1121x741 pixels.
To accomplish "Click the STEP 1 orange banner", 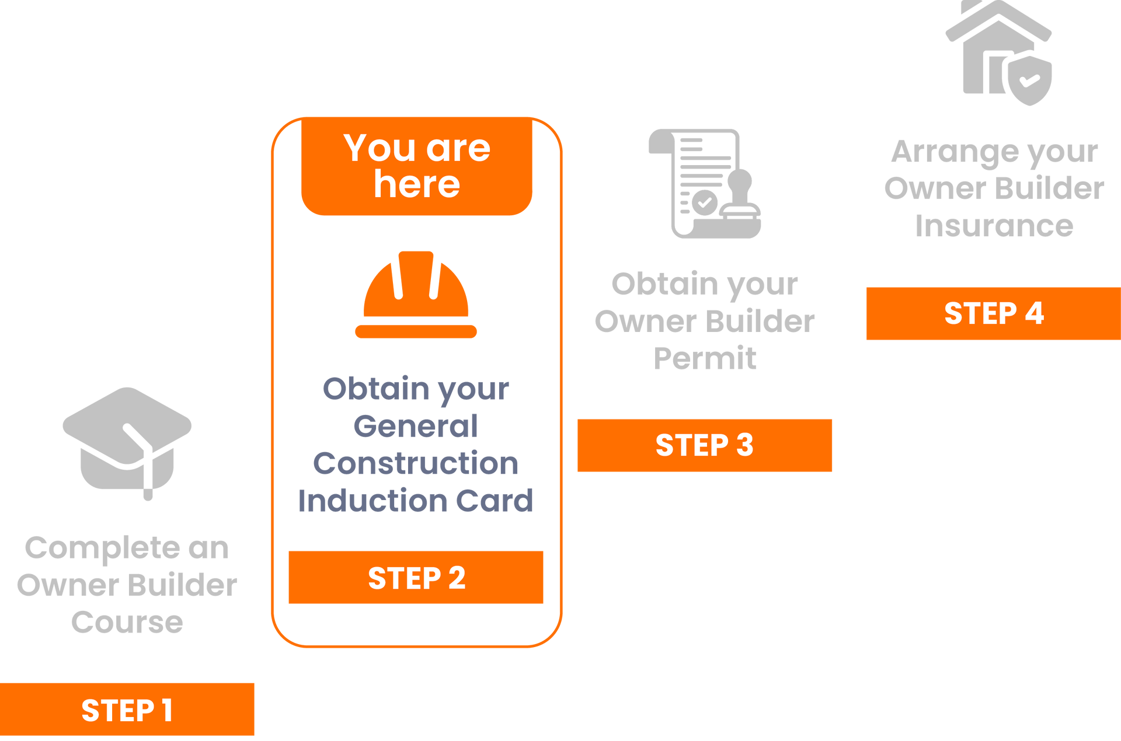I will tap(127, 709).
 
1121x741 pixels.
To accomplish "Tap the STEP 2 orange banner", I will tap(416, 578).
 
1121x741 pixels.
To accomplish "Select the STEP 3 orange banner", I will tap(704, 445).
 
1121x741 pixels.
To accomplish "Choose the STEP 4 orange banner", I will tap(993, 313).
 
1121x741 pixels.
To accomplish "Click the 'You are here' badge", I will tap(417, 166).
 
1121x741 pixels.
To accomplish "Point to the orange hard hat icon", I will tap(416, 295).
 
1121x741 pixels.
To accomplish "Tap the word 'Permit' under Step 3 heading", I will tap(705, 358).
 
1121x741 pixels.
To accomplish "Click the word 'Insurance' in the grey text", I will tap(994, 226).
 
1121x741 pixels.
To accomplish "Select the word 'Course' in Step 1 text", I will tap(127, 622).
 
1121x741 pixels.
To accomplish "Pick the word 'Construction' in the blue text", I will tap(416, 464).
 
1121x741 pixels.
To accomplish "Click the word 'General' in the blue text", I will tap(416, 426).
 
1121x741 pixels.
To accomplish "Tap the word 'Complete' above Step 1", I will tap(102, 548).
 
